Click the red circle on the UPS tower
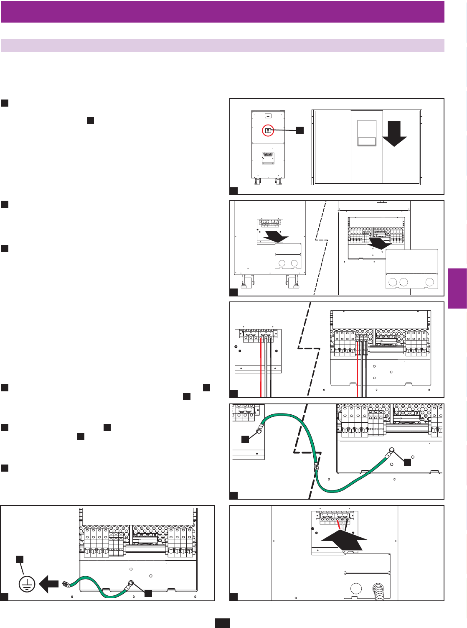point(268,131)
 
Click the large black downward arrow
point(394,133)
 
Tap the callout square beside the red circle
point(300,130)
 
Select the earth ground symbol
point(27,584)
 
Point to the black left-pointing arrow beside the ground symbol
point(49,584)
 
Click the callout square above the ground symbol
point(20,559)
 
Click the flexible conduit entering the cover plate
point(381,592)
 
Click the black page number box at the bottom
point(222,623)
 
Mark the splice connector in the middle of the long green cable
point(316,465)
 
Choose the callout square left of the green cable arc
point(245,439)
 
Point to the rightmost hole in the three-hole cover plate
point(429,282)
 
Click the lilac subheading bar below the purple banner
point(222,45)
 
